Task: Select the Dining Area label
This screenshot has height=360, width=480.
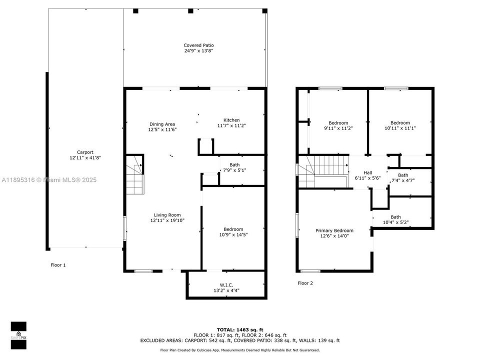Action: click(162, 124)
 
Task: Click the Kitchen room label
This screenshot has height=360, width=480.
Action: click(231, 120)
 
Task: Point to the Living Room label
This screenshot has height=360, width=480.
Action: click(167, 215)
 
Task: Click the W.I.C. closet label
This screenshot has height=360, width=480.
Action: click(227, 285)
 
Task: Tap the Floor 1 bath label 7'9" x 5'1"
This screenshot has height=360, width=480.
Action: click(238, 170)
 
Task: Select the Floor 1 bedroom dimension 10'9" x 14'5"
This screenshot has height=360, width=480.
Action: click(233, 234)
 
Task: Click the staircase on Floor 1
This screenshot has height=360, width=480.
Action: click(134, 175)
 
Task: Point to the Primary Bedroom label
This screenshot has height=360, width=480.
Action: click(334, 230)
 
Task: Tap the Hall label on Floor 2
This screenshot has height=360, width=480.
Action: click(367, 172)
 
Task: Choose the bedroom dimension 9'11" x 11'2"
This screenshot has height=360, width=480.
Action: click(338, 128)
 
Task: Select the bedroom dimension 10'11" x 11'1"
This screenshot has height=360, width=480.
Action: click(400, 128)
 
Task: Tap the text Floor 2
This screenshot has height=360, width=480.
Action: click(305, 283)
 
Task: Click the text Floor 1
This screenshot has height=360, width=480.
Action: click(58, 265)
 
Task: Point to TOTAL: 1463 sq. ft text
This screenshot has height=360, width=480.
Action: click(239, 330)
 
